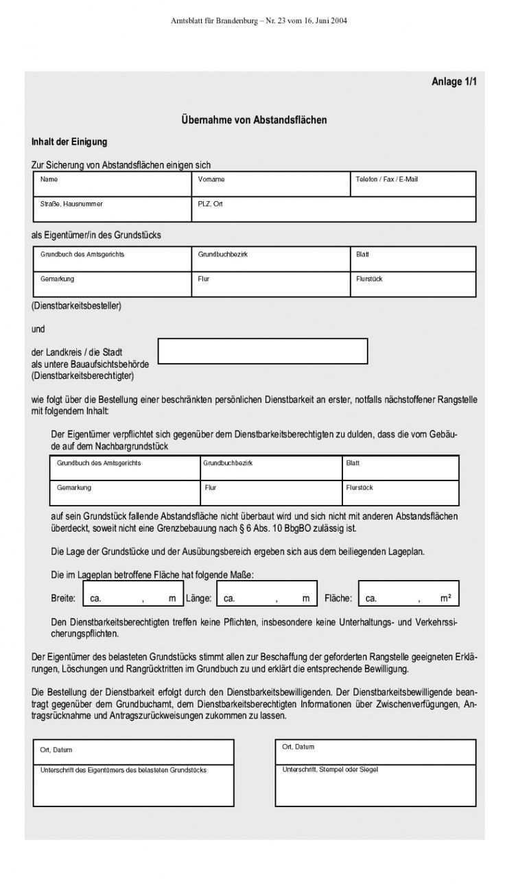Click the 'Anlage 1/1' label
tap(454, 82)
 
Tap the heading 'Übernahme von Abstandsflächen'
tap(254, 120)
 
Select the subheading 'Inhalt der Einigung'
tap(69, 142)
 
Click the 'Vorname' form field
tap(270, 184)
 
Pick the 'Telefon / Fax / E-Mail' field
tap(412, 184)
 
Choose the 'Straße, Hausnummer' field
tap(113, 209)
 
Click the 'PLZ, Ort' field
tap(333, 209)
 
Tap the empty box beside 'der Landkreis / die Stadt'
tap(263, 351)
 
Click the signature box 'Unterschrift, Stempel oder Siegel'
tap(375, 785)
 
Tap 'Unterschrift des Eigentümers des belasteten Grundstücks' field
tap(133, 786)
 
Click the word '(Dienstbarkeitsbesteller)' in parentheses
tap(76, 306)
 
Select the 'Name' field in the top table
tap(113, 184)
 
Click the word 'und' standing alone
tap(38, 329)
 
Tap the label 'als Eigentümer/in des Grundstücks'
tap(97, 235)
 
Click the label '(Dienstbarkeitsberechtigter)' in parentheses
tap(82, 376)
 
